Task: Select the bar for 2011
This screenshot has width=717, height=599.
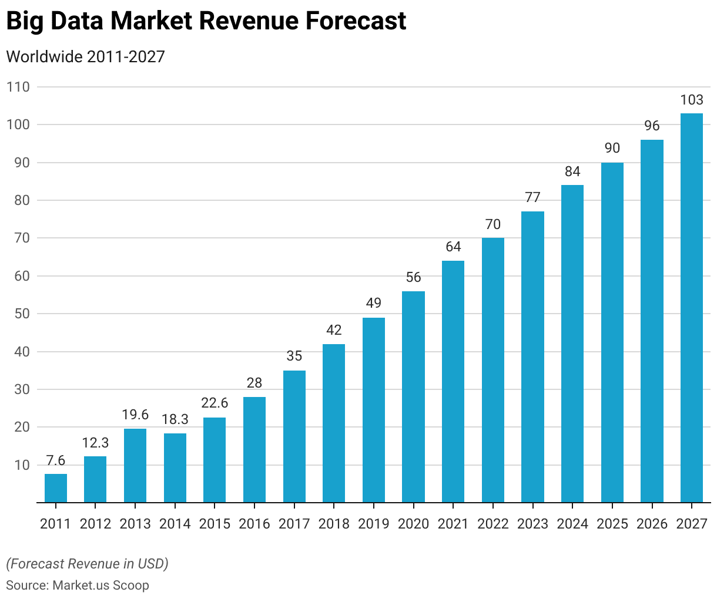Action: (56, 488)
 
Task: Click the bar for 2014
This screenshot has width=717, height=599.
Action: (175, 467)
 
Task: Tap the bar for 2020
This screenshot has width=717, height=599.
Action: (414, 396)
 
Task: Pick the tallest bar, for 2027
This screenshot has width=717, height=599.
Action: (692, 308)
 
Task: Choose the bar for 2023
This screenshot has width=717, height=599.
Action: (533, 356)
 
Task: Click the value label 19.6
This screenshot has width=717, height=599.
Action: (135, 415)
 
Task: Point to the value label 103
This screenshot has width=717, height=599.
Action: (692, 100)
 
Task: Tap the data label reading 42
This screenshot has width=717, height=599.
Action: (334, 330)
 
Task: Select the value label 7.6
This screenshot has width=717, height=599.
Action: (56, 460)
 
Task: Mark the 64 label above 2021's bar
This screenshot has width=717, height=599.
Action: (453, 247)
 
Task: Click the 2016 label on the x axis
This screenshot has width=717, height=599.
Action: (254, 524)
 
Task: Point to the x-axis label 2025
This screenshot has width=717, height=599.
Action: (612, 524)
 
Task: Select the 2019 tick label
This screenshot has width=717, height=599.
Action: (374, 524)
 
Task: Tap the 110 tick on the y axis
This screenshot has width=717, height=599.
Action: (18, 87)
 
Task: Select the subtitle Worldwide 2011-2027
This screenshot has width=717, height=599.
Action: (85, 57)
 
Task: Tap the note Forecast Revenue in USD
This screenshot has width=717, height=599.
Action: (87, 564)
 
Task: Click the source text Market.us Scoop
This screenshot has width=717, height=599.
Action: (100, 585)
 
